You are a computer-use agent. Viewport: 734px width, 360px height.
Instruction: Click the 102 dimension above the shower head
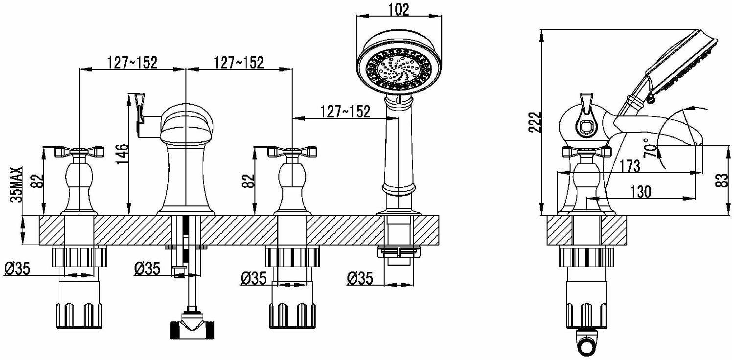coord(399,9)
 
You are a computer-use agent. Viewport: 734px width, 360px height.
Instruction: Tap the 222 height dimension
coord(534,122)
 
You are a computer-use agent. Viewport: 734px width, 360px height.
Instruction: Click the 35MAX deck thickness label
coord(16,185)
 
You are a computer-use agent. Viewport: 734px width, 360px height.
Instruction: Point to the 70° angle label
coord(651,148)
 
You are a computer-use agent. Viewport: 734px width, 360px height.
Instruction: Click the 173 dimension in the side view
coord(630,166)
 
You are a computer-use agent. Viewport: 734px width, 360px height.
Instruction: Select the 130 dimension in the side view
coord(641,192)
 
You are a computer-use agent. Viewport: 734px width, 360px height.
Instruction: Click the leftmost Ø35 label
coord(17,269)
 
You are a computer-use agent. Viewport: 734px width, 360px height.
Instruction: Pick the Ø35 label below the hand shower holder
coord(360,278)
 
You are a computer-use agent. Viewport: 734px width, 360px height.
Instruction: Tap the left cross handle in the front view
coord(79,152)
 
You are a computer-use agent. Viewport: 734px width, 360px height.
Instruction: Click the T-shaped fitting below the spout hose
coord(192,326)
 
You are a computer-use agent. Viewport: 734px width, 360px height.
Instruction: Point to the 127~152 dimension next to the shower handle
coord(345,112)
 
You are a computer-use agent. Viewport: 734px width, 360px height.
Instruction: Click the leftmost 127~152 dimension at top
coord(133,63)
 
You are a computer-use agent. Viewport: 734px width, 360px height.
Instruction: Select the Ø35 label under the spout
coord(147,269)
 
